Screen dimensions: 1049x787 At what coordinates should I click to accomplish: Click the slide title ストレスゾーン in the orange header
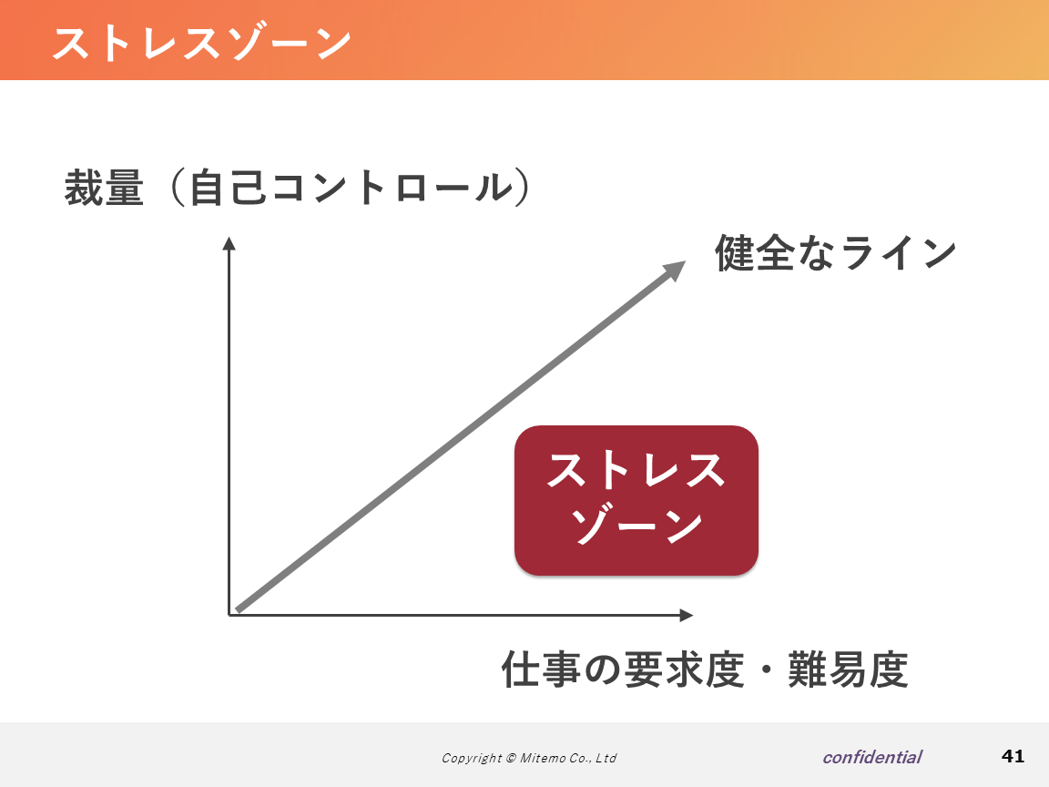(x=202, y=44)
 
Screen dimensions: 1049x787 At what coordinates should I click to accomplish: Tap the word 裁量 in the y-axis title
(x=104, y=188)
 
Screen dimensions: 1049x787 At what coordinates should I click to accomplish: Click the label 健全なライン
(x=836, y=252)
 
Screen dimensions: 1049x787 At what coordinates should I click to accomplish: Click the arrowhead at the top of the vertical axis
(x=229, y=243)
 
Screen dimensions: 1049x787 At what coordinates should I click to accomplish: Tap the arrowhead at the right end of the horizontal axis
(x=687, y=615)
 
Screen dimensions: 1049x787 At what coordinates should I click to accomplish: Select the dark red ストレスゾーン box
(x=637, y=500)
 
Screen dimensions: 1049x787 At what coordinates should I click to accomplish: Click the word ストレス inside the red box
(x=636, y=470)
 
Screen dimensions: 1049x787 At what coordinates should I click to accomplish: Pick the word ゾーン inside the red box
(x=636, y=526)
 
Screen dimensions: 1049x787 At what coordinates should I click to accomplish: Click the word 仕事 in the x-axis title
(x=541, y=669)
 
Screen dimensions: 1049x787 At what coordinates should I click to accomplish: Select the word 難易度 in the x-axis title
(x=848, y=669)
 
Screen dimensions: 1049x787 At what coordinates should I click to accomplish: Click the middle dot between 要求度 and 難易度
(x=766, y=669)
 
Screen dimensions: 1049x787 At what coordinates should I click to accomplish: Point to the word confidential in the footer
(x=872, y=757)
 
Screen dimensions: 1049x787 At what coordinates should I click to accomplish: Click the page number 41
(x=1013, y=756)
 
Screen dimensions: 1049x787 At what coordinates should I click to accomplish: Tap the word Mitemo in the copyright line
(x=543, y=758)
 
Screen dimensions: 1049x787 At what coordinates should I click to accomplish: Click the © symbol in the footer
(x=511, y=758)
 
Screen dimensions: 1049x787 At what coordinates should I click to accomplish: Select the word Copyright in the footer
(x=472, y=758)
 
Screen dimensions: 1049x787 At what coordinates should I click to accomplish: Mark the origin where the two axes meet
(x=229, y=615)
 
